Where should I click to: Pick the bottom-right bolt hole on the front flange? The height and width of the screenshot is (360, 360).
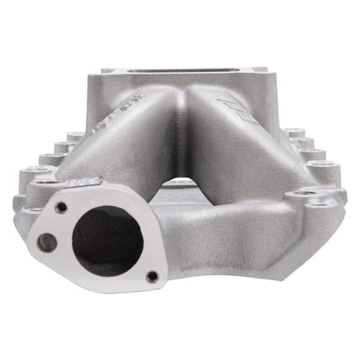tap(152, 276)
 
